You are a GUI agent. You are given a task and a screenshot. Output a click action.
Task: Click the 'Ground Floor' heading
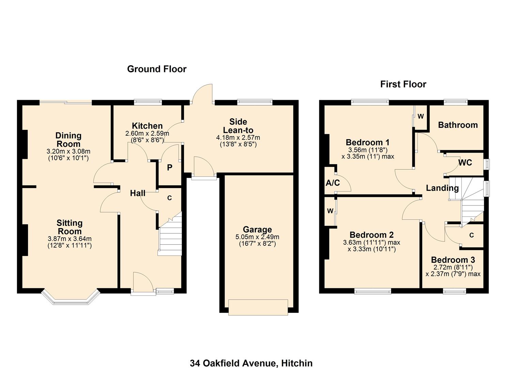point(157,69)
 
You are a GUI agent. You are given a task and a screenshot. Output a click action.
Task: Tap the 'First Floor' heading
point(403,84)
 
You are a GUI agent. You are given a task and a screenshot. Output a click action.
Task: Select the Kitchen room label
point(147,126)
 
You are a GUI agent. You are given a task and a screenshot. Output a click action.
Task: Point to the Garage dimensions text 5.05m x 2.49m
point(257,237)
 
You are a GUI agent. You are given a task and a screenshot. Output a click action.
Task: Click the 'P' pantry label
point(169,167)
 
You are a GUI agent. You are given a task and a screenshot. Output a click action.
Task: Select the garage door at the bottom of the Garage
point(258,307)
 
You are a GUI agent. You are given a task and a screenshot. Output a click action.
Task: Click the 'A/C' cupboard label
point(333,183)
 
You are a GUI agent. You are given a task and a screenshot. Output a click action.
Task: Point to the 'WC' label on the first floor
point(465,163)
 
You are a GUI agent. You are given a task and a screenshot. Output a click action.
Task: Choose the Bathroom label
point(458,125)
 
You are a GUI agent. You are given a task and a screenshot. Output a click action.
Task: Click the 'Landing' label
point(442,188)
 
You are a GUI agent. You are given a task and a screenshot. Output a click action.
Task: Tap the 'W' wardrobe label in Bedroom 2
point(330,211)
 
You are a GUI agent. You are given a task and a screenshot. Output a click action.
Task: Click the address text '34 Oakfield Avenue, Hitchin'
point(251,363)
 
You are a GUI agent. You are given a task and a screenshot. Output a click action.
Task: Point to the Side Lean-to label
point(238,126)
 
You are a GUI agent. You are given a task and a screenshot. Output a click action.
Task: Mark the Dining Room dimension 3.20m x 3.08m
point(68,151)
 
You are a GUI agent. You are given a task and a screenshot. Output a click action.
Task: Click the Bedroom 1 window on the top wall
point(370,101)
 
